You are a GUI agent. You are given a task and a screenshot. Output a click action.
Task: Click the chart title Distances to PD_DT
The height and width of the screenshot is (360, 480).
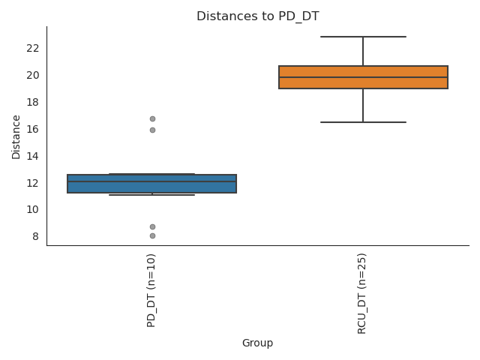(x=257, y=16)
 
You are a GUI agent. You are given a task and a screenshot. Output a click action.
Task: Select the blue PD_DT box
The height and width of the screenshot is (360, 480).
(x=152, y=184)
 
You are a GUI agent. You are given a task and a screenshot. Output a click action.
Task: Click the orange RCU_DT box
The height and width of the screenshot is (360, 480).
(x=363, y=77)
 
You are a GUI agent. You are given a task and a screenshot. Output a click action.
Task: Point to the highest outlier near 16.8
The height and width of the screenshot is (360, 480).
(x=152, y=118)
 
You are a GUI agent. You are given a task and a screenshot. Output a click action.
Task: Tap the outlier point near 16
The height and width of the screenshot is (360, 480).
(x=152, y=130)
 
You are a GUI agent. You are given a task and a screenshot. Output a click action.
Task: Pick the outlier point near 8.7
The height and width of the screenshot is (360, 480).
(x=152, y=226)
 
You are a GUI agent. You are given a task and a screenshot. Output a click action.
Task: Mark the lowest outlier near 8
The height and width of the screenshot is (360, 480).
(x=152, y=235)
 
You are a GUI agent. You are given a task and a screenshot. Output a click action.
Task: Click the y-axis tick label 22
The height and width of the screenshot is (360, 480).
(x=32, y=48)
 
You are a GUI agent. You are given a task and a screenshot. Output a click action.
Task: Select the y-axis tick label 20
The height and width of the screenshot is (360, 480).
(x=32, y=75)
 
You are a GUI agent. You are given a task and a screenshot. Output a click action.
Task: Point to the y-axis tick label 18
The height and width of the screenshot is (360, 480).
(x=32, y=102)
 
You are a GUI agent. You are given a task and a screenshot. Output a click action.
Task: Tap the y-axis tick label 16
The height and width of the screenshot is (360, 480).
(x=32, y=129)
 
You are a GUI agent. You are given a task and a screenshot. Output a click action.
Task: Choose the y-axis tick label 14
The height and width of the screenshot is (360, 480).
(x=32, y=156)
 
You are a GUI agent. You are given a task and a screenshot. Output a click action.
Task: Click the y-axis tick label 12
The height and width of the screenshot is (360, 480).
(x=32, y=183)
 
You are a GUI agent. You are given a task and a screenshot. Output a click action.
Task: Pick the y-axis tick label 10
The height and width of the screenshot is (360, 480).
(x=32, y=209)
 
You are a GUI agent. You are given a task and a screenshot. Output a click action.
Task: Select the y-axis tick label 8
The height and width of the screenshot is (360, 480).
(x=35, y=236)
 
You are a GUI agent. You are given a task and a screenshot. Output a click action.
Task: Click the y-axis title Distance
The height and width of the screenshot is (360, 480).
(x=16, y=136)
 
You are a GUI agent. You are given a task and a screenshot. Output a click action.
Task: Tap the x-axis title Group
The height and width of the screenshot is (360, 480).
(x=257, y=343)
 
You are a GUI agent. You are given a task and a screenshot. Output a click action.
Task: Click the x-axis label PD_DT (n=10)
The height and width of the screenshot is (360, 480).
(x=151, y=290)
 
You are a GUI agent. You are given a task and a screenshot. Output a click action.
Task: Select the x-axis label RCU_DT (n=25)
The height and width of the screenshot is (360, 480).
(x=362, y=293)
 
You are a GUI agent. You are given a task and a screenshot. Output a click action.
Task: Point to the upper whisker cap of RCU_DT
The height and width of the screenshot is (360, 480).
(x=363, y=37)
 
